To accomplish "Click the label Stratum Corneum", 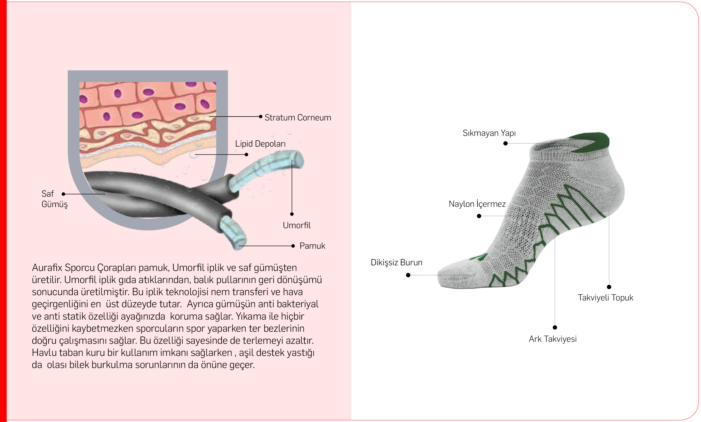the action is tap(298, 117).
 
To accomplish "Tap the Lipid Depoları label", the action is tap(260, 144).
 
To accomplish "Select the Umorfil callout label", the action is tap(297, 225).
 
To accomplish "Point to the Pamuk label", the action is tap(312, 246).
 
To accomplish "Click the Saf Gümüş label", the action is tap(55, 199).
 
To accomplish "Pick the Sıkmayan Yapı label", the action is tap(489, 133).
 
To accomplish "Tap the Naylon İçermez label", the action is tap(477, 204).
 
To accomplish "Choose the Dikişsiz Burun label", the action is tap(396, 262).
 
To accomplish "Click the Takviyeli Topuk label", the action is tap(605, 297).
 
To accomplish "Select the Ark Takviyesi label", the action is tap(552, 339).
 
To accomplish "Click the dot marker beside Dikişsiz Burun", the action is tap(408, 275).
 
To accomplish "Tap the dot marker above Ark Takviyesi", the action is tap(555, 327).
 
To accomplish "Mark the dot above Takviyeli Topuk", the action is tap(609, 287).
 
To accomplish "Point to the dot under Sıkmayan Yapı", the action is tap(506, 143).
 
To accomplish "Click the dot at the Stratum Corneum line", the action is tap(261, 116).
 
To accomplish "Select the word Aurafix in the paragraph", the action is tap(47, 268).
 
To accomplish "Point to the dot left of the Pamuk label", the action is tap(293, 246).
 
